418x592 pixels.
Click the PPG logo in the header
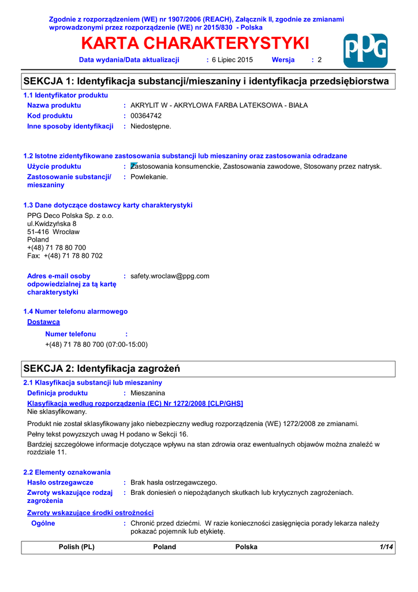365,51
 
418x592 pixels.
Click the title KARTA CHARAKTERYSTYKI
195,43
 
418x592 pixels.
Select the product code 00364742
146,116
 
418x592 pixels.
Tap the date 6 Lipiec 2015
232,60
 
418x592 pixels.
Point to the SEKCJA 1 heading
206,82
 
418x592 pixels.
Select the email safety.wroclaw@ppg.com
170,276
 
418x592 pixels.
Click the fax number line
65,256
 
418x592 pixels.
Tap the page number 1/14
386,547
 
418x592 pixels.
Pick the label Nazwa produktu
54,105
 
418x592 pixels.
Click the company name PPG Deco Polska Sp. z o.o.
70,216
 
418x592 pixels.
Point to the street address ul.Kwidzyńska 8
52,224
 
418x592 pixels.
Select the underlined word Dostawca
43,322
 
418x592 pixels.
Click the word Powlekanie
149,177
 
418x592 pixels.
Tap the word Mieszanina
148,393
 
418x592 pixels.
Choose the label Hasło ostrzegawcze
61,482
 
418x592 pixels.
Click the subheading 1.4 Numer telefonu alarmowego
75,312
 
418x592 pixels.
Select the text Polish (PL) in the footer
77,547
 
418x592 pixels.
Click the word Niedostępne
151,126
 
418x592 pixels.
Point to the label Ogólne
43,523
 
